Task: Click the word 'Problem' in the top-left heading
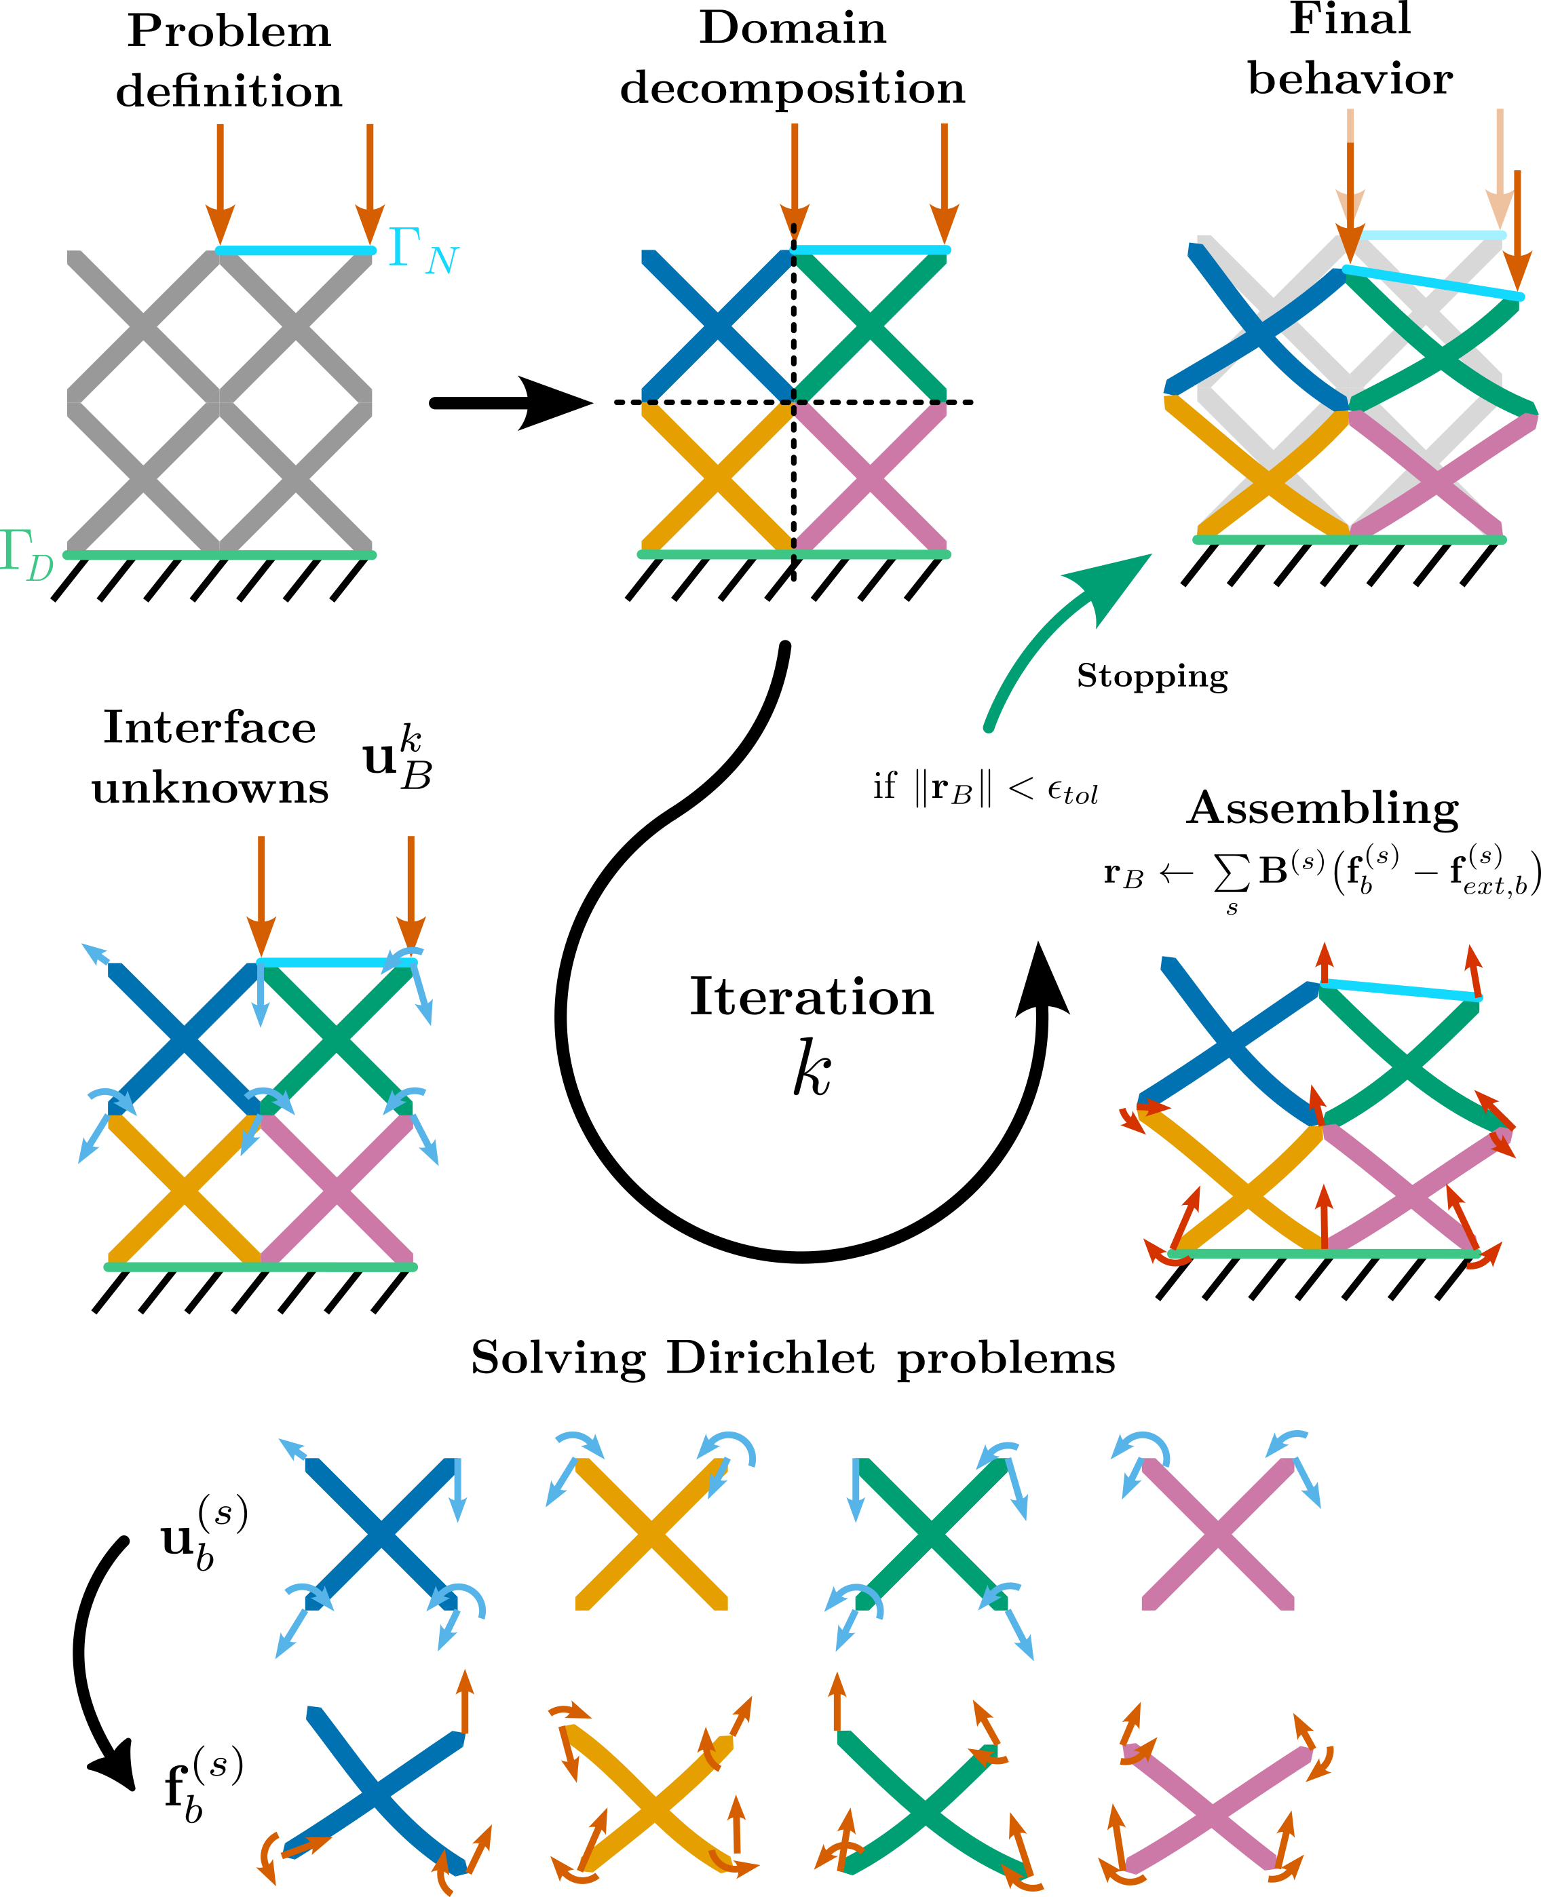[229, 32]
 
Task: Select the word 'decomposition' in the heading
[792, 89]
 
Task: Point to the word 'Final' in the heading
[1349, 20]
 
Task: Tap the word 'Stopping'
[1152, 676]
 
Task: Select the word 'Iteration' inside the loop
[812, 997]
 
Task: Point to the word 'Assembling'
[1323, 809]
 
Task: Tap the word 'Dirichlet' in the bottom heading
[771, 1358]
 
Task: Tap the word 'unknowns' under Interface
[210, 788]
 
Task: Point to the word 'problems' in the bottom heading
[1006, 1358]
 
